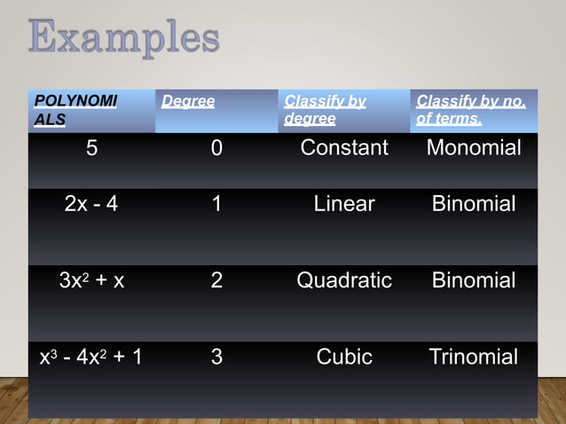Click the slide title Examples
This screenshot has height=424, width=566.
pyautogui.click(x=124, y=38)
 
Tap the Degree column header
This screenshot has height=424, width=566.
pyautogui.click(x=188, y=101)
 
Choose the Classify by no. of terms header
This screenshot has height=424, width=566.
pyautogui.click(x=471, y=109)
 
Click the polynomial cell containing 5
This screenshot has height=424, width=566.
pyautogui.click(x=91, y=148)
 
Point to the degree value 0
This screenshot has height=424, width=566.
pyautogui.click(x=216, y=148)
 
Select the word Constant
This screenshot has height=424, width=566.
pyautogui.click(x=344, y=148)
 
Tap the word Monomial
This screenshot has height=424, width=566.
pyautogui.click(x=474, y=148)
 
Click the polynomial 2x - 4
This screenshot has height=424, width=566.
pyautogui.click(x=91, y=205)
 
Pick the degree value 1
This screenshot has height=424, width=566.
pyautogui.click(x=216, y=205)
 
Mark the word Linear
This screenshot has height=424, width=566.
pyautogui.click(x=344, y=205)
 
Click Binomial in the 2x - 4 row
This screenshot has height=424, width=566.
pyautogui.click(x=474, y=205)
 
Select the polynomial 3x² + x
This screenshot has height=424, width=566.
pyautogui.click(x=91, y=281)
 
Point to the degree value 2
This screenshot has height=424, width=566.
pyautogui.click(x=216, y=281)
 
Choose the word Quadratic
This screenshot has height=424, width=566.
pyautogui.click(x=344, y=281)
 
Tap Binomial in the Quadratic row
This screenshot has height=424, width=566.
pyautogui.click(x=474, y=281)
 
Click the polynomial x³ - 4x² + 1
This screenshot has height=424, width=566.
pyautogui.click(x=91, y=357)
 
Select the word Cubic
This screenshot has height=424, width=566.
pyautogui.click(x=344, y=357)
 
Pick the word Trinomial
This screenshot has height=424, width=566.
pyautogui.click(x=474, y=357)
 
